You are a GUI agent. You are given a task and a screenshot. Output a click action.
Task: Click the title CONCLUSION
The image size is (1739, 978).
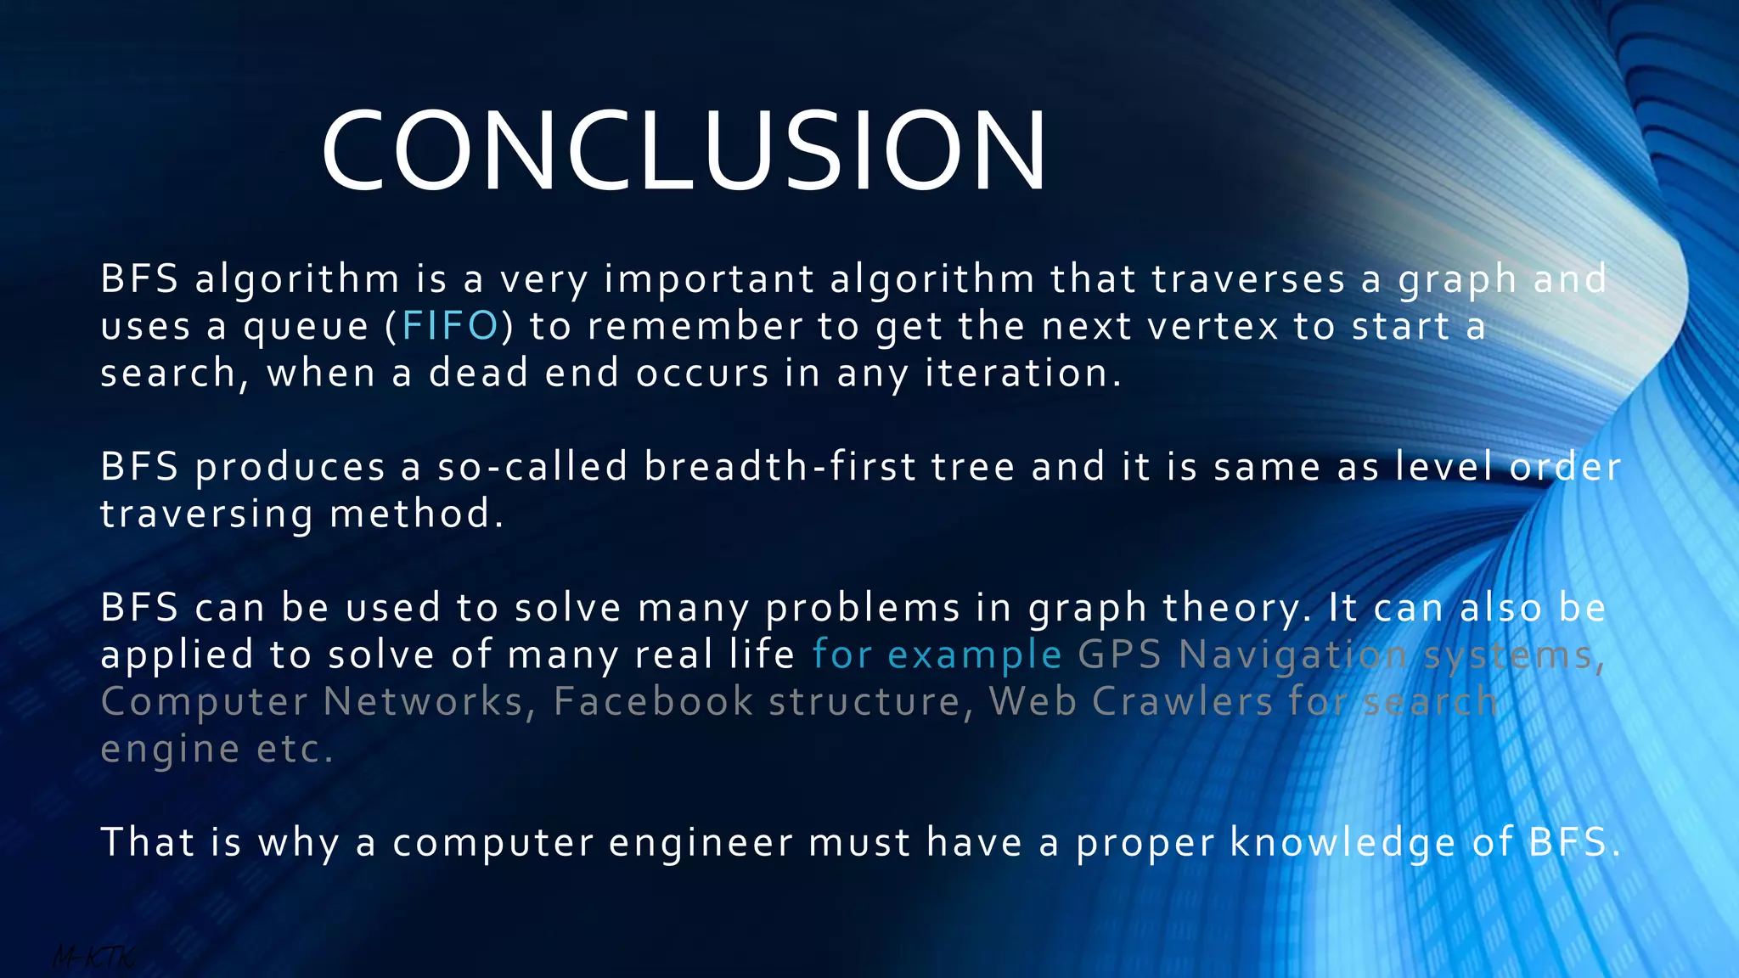(x=684, y=151)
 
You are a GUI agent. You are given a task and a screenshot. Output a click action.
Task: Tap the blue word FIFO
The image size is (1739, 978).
(x=450, y=327)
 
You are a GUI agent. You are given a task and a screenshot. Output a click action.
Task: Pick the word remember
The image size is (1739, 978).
(x=695, y=327)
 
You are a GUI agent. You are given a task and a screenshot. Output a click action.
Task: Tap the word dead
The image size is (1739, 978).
(x=478, y=374)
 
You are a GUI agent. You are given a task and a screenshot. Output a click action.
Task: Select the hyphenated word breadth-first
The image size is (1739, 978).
(x=780, y=467)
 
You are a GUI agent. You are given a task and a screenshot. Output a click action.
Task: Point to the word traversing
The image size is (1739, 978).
(x=206, y=514)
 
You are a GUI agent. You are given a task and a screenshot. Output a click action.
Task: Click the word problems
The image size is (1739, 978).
(x=863, y=609)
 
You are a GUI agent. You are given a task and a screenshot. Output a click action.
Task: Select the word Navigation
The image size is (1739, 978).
(x=1292, y=655)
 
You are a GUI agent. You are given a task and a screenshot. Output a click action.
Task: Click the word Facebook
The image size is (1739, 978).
(x=653, y=702)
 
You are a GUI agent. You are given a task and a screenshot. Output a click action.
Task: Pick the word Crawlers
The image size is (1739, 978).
(x=1182, y=702)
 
